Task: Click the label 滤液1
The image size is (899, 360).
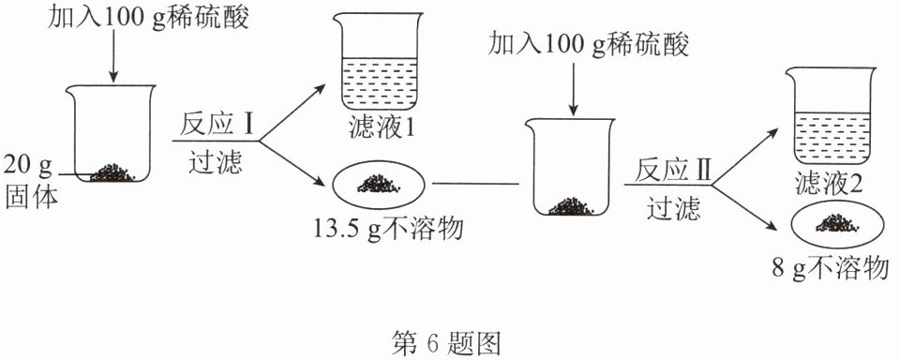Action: point(382,129)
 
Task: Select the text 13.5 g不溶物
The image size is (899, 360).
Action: point(388,231)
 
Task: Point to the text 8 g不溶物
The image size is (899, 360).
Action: point(831,269)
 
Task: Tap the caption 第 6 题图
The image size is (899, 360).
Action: point(446,343)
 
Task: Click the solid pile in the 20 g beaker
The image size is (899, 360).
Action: point(112,172)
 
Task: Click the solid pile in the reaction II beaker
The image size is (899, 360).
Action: point(571,206)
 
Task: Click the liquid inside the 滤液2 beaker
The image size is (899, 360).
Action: point(832,138)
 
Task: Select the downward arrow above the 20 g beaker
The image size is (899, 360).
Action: point(113,55)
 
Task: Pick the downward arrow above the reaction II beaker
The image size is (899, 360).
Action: point(572,88)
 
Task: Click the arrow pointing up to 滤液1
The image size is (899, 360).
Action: point(292,112)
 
